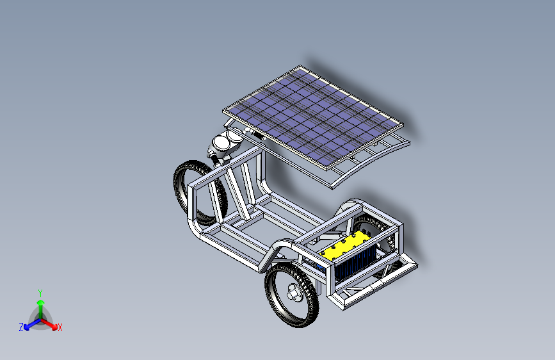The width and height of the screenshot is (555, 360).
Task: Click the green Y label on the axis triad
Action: coord(40,293)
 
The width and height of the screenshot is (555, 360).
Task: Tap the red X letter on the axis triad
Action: coord(60,327)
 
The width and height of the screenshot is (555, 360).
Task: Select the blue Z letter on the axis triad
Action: coord(21,327)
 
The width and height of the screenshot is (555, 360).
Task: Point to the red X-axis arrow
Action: coord(49,324)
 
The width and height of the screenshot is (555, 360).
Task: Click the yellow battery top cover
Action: coord(344,246)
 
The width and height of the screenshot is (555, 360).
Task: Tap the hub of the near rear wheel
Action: coord(293,292)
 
